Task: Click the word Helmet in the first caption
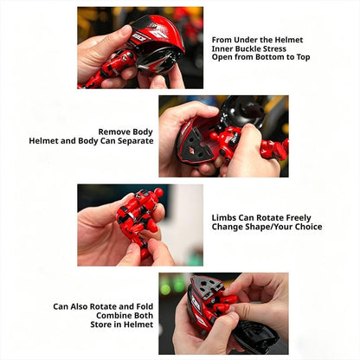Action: point(288,40)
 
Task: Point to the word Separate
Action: point(135,141)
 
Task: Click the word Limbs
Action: point(224,218)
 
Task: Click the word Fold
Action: point(145,306)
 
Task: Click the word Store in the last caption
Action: point(100,325)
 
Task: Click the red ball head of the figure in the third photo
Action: point(158,192)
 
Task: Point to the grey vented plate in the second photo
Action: point(198,146)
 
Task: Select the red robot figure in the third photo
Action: point(138,219)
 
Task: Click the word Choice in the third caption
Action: point(309,227)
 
